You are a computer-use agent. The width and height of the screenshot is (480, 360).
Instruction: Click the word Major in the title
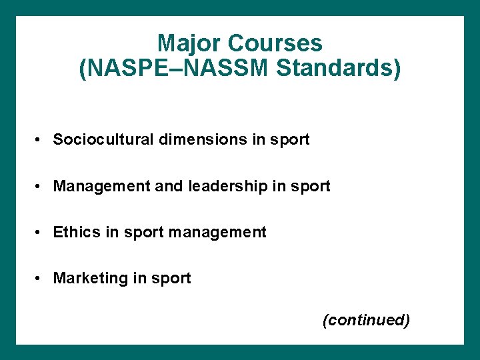tap(189, 44)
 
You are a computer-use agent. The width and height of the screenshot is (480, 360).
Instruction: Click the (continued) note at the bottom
tap(366, 320)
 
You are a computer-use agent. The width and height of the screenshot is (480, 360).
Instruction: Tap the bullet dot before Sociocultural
tap(41, 140)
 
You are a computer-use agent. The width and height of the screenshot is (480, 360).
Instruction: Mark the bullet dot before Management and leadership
tap(41, 187)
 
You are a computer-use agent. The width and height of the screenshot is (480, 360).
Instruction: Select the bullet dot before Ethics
tap(41, 233)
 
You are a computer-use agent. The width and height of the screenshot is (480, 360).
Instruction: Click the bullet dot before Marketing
tap(41, 279)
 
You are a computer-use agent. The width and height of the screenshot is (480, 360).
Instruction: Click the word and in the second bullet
tap(171, 186)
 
